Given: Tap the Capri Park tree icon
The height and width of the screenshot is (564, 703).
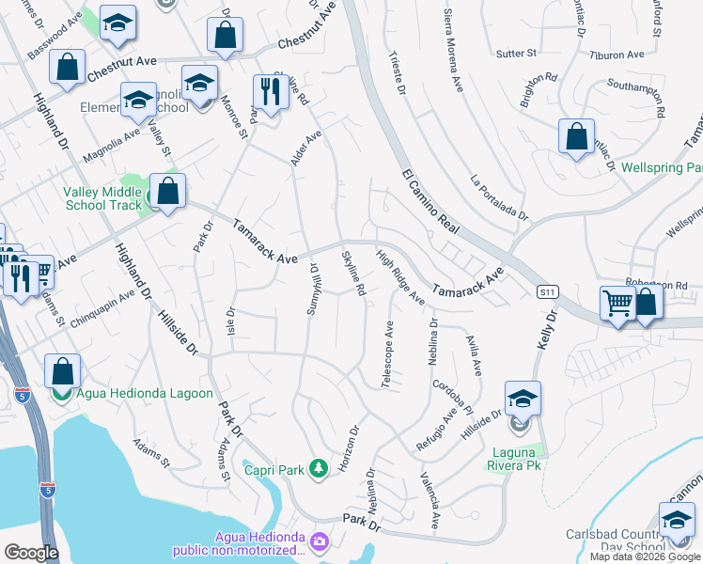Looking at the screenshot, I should (x=319, y=467).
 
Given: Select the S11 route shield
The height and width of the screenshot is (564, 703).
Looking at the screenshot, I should (x=548, y=292).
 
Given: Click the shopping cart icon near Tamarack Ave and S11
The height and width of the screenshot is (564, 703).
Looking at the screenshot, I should (x=617, y=303).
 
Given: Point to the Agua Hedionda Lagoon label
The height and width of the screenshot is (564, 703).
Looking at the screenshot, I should (x=145, y=394).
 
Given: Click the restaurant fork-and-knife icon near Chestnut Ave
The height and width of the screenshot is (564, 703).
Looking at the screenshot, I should (x=269, y=92).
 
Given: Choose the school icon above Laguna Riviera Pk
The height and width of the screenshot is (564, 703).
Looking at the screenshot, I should (x=523, y=398).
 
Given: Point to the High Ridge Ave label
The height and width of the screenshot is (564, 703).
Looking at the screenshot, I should (x=400, y=276).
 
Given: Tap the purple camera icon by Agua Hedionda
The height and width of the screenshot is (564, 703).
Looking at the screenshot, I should (x=319, y=540).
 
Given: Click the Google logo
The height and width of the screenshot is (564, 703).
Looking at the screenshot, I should (x=32, y=553).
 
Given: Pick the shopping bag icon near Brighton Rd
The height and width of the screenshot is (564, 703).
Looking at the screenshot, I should (x=576, y=136).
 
